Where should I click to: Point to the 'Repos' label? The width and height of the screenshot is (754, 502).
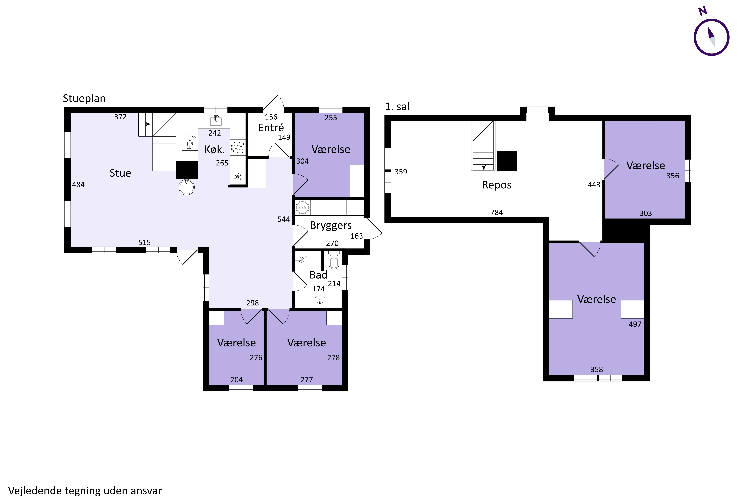497,185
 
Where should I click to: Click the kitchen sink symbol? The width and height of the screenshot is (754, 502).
216,121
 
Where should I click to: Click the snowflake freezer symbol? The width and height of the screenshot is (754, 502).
238,177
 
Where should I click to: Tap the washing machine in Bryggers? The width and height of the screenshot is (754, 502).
302,207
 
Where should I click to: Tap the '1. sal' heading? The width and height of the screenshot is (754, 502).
397,107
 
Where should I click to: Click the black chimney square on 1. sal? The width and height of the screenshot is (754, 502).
507,161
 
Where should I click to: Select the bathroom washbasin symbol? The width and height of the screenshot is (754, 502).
320,300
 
